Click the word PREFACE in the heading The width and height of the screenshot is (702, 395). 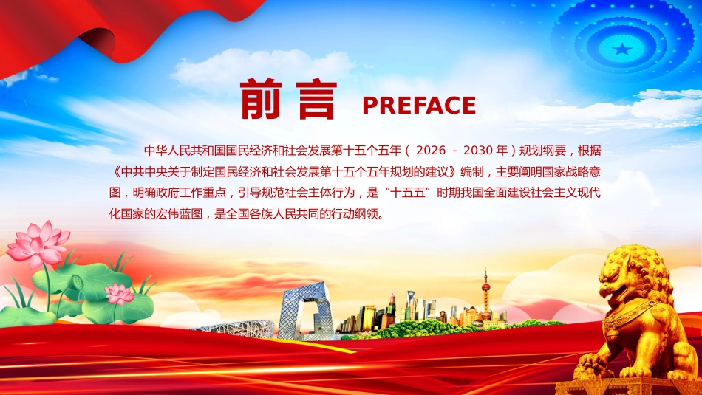418,106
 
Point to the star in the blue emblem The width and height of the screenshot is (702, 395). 624,49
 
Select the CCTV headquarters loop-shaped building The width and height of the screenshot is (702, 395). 304,310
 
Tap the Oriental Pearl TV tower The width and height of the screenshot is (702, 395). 485,295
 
